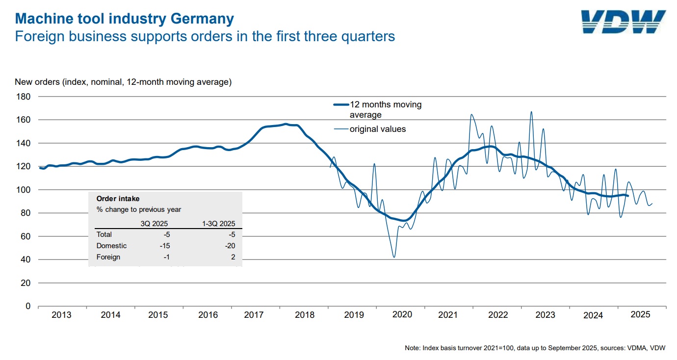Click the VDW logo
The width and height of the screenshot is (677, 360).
coord(623,22)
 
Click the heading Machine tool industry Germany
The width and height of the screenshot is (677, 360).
coord(125,19)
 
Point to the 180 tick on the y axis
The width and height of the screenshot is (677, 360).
coord(24,97)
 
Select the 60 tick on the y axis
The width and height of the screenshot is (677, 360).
coord(26,236)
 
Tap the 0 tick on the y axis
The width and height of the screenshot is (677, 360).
coord(28,306)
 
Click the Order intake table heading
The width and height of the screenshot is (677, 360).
coord(118,199)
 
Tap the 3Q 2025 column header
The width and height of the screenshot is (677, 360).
coord(155,224)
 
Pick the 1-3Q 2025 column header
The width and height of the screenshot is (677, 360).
coord(218,224)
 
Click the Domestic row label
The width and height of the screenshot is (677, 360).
coord(111,246)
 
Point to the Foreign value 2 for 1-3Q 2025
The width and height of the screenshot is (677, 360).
coord(233,257)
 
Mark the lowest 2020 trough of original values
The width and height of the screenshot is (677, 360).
coord(394,257)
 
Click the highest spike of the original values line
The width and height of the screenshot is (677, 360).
coord(531,112)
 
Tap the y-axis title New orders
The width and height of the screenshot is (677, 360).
coord(123,82)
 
